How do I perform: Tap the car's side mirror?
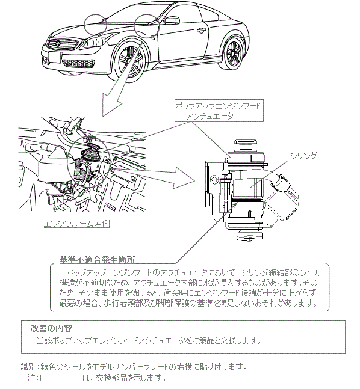click(172, 20)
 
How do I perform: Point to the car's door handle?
click(202, 31)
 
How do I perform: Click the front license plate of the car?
click(54, 57)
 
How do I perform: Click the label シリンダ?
click(303, 156)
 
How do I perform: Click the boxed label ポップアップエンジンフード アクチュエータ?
click(219, 111)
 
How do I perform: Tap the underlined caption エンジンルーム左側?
click(77, 224)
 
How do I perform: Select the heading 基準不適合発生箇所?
click(97, 260)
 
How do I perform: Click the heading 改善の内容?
click(51, 328)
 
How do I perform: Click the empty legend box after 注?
click(61, 378)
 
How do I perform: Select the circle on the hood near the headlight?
click(95, 24)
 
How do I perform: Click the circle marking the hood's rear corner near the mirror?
click(146, 26)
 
